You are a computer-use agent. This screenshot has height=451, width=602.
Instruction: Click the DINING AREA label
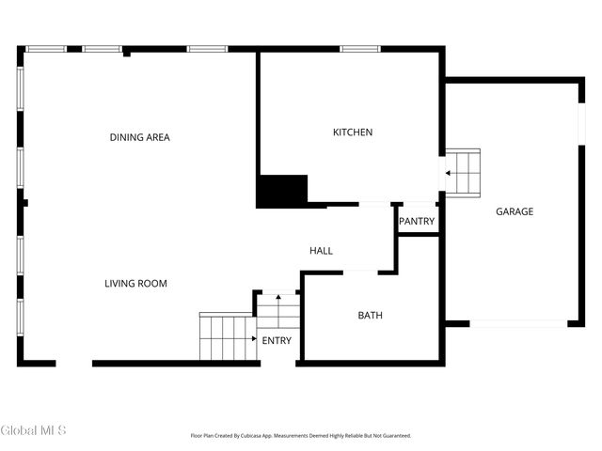point(140,137)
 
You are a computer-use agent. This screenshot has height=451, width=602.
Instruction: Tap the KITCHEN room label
point(353,132)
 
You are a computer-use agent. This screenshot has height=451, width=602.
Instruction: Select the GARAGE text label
point(515,211)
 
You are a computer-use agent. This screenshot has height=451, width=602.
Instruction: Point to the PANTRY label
point(417,222)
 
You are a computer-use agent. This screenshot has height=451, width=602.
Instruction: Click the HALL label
point(321,251)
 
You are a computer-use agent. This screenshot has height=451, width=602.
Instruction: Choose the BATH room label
point(370,316)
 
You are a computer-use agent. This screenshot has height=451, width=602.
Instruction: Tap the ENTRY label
point(277,340)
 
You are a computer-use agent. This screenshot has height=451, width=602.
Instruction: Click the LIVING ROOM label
point(135,283)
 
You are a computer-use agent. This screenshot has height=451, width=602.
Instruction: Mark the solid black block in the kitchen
point(283,192)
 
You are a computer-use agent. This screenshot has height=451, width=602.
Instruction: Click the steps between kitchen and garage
point(463,172)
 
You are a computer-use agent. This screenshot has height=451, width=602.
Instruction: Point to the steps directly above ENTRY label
point(277,311)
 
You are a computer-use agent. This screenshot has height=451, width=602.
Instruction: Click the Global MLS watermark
point(34,431)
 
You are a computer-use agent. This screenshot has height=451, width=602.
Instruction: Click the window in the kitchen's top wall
point(354,49)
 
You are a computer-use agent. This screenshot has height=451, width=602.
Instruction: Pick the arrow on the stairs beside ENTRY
point(254,337)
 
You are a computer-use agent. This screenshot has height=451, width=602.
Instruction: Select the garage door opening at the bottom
point(518,324)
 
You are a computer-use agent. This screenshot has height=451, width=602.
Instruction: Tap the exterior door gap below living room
point(73,364)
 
